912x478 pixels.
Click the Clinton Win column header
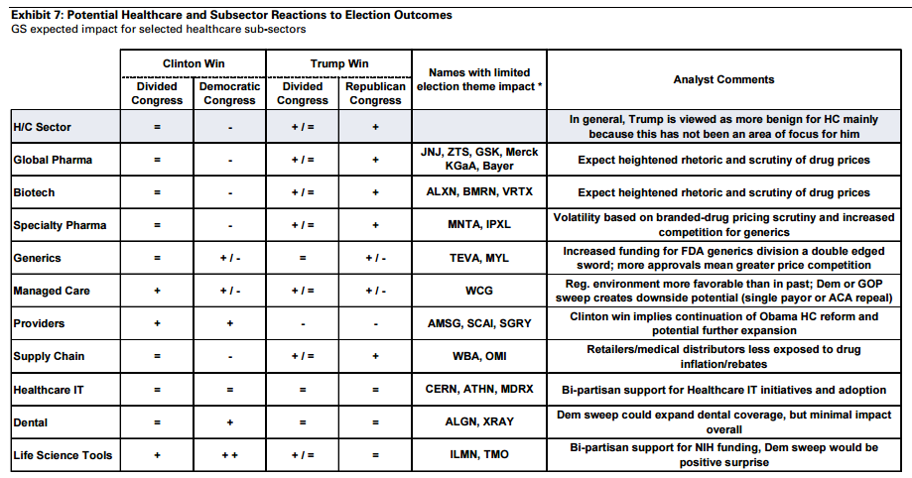pos(194,64)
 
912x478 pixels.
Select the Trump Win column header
pos(339,64)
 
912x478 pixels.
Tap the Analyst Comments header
pos(723,79)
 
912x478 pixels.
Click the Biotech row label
pos(34,192)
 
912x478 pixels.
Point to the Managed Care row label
pos(52,291)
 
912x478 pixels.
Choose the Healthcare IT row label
pos(49,390)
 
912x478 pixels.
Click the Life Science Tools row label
pos(63,455)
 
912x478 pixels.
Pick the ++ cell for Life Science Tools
pos(230,455)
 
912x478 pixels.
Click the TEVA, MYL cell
pos(478,258)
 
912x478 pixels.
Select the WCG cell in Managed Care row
pos(478,291)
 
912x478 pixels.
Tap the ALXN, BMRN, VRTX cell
pos(479,191)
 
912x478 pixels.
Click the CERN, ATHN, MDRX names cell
pos(479,389)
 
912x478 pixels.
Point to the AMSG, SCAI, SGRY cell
pos(479,323)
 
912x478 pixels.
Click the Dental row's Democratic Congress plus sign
pos(230,422)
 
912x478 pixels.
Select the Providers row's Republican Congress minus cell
pos(375,324)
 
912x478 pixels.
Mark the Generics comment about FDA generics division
pos(723,258)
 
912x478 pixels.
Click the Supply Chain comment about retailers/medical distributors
pos(723,356)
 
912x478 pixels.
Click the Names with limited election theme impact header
pos(479,79)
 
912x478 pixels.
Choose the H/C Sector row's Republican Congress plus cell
pos(375,127)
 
